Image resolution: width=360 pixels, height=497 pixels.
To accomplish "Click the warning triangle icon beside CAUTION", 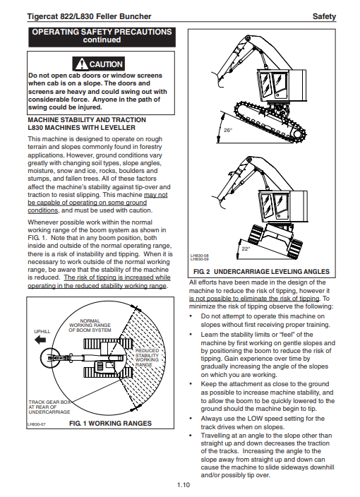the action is (x=81, y=64).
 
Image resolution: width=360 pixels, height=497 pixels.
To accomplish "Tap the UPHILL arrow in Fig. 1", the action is (x=40, y=340).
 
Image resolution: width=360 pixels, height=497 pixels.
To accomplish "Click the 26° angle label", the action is (x=228, y=130).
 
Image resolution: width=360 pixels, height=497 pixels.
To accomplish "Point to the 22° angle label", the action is (x=246, y=248).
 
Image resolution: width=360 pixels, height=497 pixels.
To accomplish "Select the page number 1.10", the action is (x=183, y=484).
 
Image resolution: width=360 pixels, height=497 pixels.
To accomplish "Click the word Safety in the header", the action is (x=324, y=16).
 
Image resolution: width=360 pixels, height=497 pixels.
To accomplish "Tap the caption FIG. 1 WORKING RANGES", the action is (x=110, y=423).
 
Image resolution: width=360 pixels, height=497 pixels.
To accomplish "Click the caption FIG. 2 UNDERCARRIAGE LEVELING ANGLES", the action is (x=261, y=272).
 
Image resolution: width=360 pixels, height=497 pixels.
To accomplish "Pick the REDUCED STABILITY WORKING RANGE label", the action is (x=147, y=357).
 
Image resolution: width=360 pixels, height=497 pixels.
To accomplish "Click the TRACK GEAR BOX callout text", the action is (x=49, y=407).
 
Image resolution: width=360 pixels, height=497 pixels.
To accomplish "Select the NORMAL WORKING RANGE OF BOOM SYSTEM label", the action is (x=90, y=325).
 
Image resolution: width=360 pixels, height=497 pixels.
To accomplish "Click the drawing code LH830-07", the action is (x=36, y=424).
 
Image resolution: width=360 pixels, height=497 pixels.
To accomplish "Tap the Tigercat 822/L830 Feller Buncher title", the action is (x=89, y=16).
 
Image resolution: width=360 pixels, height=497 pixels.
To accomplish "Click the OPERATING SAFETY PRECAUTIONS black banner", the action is (x=102, y=37).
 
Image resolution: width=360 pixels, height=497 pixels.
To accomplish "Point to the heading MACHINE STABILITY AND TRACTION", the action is (x=87, y=120).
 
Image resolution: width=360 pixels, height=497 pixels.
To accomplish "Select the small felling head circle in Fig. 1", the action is (x=50, y=358).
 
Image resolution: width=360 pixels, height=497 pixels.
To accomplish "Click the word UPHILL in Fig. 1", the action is (x=42, y=332).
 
